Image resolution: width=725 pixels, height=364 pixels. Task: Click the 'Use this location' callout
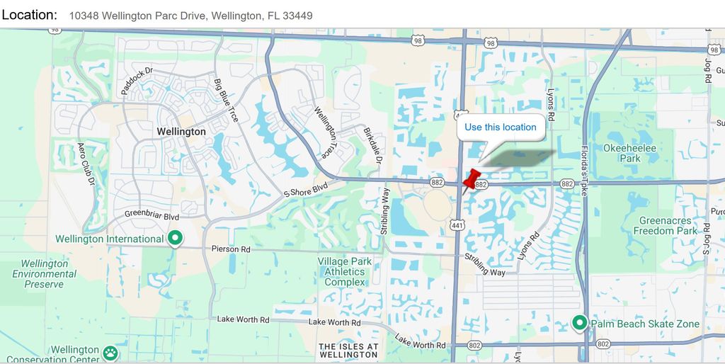tap(501, 127)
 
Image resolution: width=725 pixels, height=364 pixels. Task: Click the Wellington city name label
tap(182, 132)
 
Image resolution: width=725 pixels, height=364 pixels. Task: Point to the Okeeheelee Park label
tap(629, 153)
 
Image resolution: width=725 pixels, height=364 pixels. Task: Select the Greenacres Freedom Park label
tap(665, 226)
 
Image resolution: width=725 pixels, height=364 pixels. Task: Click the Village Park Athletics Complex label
tap(345, 272)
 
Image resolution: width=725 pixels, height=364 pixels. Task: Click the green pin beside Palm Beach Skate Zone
tap(580, 324)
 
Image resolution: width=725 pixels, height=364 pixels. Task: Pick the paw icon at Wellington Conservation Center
tap(110, 351)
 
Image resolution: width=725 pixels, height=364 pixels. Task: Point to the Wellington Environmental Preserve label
tap(44, 274)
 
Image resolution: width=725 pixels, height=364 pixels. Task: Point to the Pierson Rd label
tap(231, 249)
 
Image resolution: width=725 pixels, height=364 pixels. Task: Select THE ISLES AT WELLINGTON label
tap(348, 351)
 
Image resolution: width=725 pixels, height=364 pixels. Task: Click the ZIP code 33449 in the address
tap(297, 16)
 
